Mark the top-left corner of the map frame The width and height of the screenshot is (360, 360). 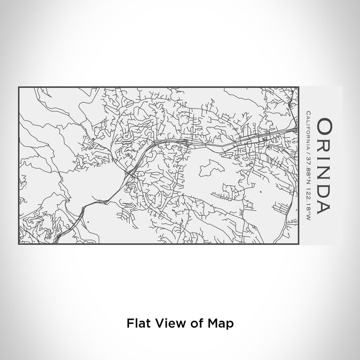pos(19,87)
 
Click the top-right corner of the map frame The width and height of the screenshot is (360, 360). pos(299,87)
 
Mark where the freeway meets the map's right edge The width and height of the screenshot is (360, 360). pos(298,127)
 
